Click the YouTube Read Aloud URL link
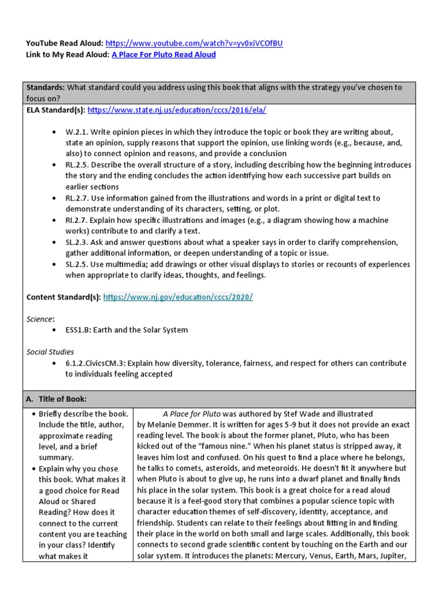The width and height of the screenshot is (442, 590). [195, 44]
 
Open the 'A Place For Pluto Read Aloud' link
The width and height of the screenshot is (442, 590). [163, 55]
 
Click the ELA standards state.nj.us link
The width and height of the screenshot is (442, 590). [177, 109]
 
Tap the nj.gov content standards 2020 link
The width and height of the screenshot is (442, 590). [178, 297]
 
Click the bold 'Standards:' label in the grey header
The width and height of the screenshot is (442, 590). [46, 88]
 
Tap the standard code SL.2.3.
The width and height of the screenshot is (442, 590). [77, 243]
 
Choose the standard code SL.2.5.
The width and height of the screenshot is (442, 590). [77, 264]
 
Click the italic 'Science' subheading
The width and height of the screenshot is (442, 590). [40, 319]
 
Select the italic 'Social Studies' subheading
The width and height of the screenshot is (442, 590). [51, 352]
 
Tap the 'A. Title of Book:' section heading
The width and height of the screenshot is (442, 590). [56, 399]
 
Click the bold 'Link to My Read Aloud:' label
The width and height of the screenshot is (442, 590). [68, 55]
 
